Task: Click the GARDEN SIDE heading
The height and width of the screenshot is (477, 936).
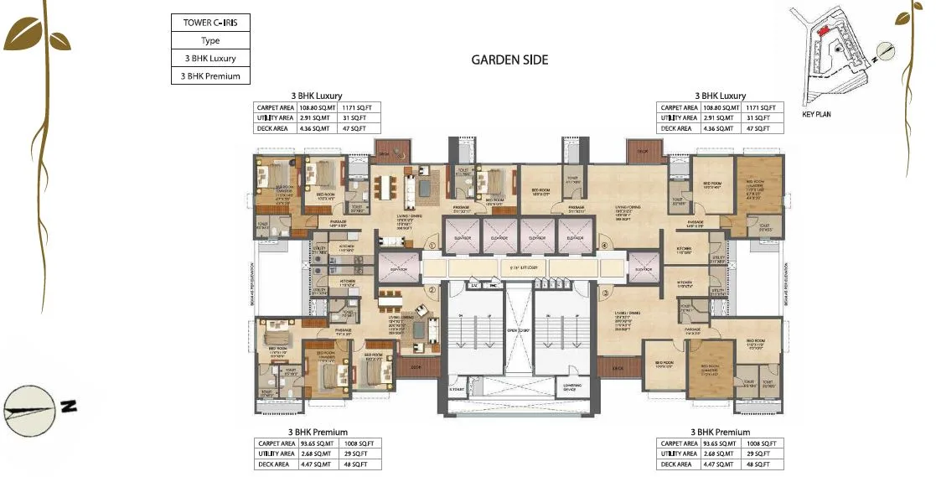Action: click(509, 60)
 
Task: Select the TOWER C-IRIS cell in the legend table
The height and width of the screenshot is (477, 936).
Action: click(209, 23)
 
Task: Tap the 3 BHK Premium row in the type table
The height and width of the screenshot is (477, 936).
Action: click(209, 76)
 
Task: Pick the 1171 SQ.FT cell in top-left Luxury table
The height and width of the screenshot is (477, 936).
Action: click(361, 107)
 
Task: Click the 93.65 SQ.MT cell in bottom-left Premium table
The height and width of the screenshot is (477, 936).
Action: click(318, 443)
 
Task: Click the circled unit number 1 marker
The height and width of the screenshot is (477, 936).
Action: click(432, 246)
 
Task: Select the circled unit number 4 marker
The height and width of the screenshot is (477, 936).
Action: click(603, 246)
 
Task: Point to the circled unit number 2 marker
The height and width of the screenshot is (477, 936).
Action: click(432, 291)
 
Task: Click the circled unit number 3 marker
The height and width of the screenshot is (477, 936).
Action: click(603, 293)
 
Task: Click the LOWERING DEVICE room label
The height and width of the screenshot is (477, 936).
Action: click(573, 388)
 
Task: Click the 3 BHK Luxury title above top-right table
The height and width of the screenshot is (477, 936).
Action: click(720, 96)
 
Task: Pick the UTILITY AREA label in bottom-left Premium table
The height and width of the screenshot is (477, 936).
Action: click(276, 454)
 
